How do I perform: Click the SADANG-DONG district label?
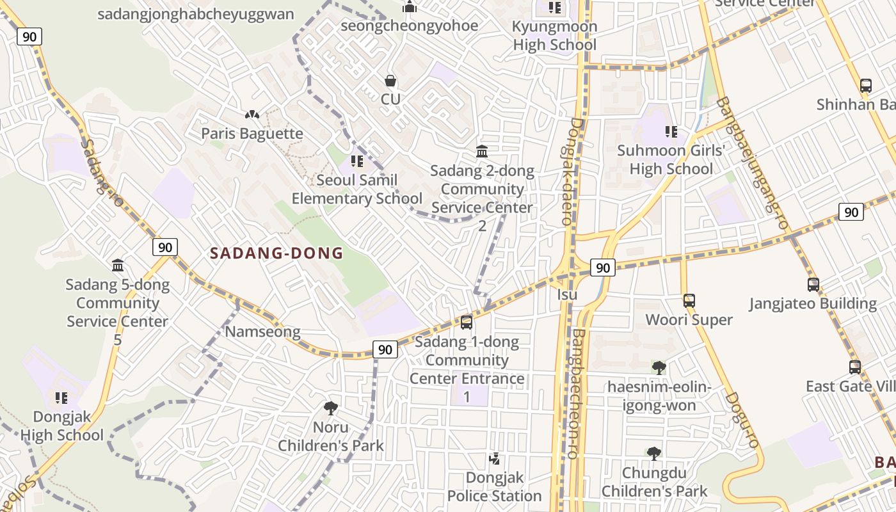pos(276,253)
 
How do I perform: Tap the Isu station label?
pos(567,294)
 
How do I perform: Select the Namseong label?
pos(262,332)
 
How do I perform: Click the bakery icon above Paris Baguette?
pos(252,115)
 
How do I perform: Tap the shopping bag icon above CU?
pos(390,81)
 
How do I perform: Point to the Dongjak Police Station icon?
pos(494,458)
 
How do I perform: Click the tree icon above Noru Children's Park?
pos(331,408)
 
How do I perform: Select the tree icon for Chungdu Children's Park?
pos(653,454)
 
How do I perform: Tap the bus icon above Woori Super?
pos(689,300)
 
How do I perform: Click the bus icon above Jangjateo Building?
pos(813,284)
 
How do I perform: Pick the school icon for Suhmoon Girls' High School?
pos(671,132)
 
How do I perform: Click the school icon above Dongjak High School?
pos(61,398)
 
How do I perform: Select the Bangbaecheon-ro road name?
pos(577,394)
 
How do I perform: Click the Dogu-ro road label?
pos(742,419)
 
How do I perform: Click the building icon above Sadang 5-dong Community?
pos(118,265)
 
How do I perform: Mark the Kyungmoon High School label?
pos(554,36)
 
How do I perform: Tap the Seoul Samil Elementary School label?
pos(357,189)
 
